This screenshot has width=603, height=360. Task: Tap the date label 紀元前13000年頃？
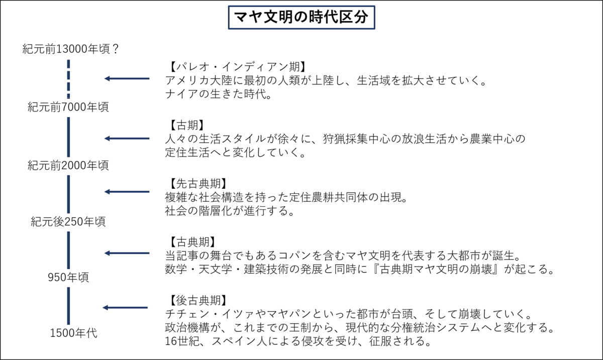(70, 49)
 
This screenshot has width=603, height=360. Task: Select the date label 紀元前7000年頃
(68, 106)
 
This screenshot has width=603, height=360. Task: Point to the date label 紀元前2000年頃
(68, 165)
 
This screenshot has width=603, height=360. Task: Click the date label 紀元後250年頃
(68, 221)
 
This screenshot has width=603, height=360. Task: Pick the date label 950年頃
(68, 277)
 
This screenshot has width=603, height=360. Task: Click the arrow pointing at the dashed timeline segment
(127, 79)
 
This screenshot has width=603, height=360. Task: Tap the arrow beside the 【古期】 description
(127, 139)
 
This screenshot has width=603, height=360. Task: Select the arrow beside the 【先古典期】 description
(127, 191)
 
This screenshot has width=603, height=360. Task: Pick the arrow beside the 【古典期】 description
(127, 253)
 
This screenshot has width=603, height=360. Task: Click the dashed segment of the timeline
(68, 78)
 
